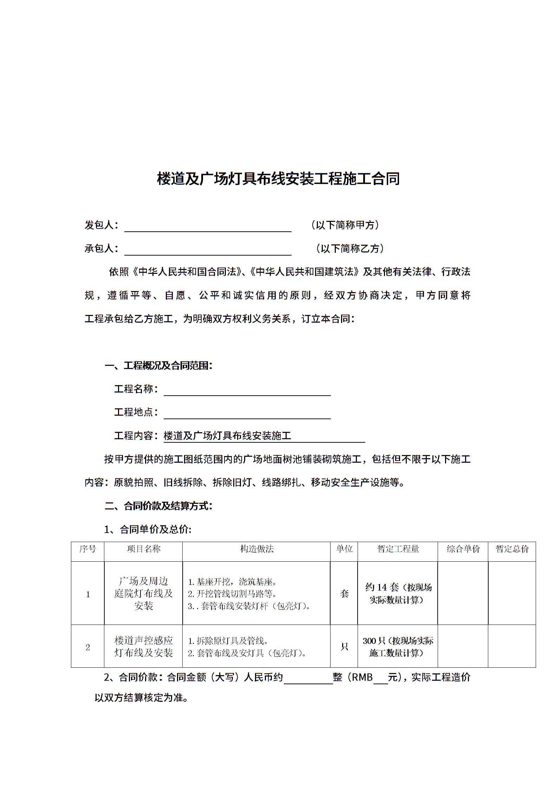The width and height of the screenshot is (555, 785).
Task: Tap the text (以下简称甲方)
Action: pos(345,225)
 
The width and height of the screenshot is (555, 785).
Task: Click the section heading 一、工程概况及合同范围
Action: pos(159,366)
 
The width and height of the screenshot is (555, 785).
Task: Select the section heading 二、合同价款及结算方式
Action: pos(159,506)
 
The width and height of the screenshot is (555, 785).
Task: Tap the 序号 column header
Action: pos(87,549)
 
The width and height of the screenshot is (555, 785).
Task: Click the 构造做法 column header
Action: pos(257,549)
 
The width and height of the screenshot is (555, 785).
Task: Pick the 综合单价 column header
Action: pos(463,549)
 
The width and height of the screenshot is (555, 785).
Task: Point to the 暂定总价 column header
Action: pos(512,549)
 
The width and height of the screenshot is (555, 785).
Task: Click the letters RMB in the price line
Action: pos(362,677)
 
